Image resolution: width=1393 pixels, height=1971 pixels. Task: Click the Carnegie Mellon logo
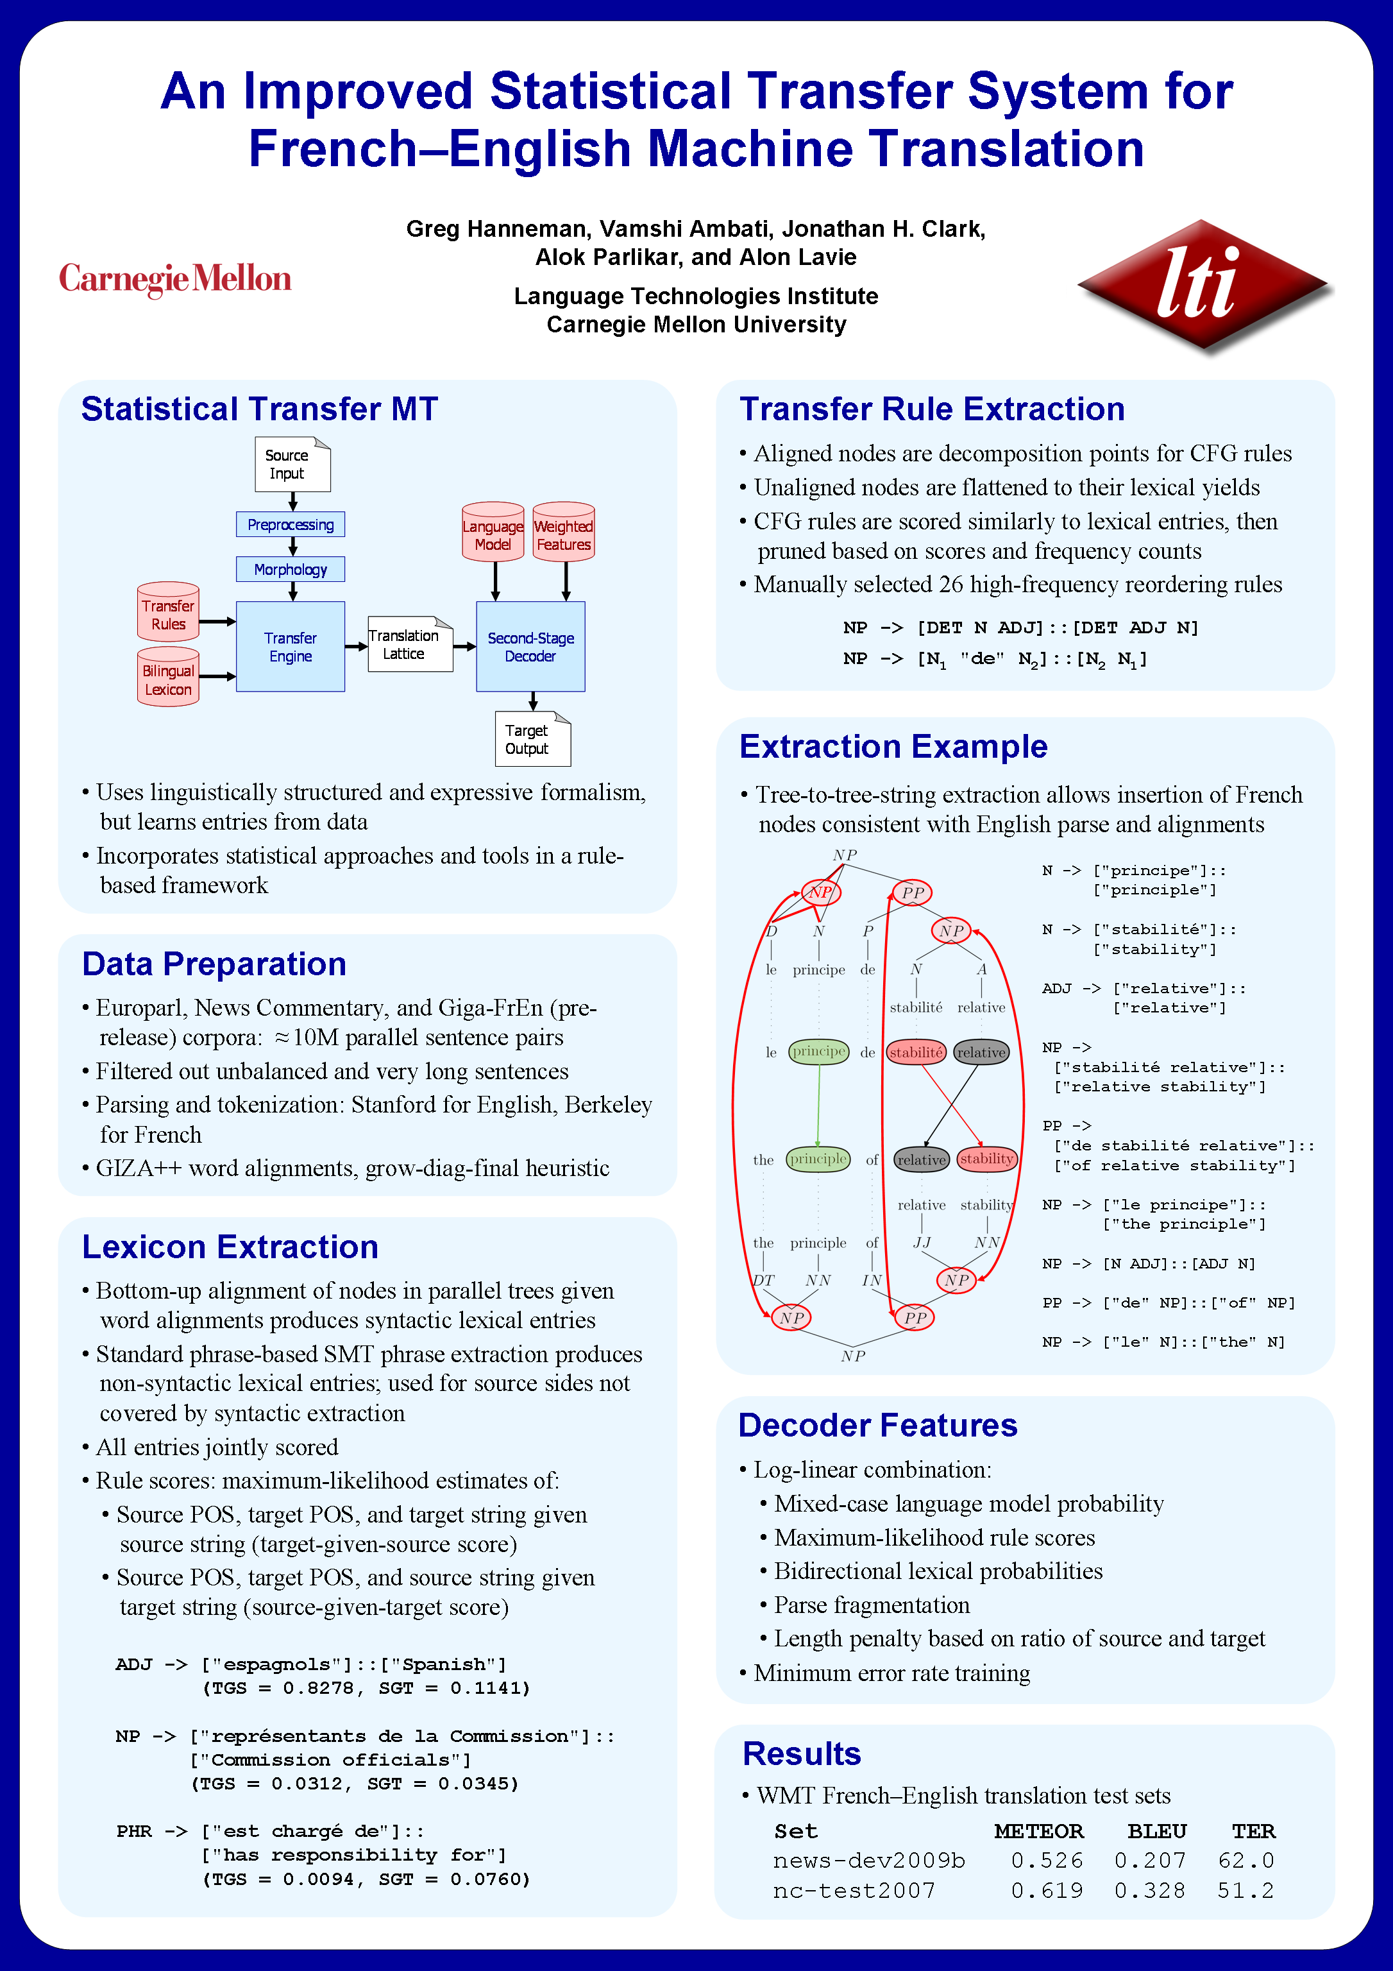point(175,279)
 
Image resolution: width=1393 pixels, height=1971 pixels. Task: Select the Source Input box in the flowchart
point(292,465)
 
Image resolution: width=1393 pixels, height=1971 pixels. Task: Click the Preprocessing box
point(290,525)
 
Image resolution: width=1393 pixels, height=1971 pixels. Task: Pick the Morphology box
point(290,569)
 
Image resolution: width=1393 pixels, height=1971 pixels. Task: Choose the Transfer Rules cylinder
point(168,613)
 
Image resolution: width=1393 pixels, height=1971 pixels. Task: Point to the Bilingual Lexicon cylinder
point(168,678)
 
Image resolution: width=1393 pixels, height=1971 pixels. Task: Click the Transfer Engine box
point(290,646)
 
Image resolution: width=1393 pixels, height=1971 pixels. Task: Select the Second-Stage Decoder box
point(530,646)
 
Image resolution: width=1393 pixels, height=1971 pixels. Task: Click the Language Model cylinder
point(493,533)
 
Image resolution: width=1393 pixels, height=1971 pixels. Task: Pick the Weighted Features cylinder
point(563,533)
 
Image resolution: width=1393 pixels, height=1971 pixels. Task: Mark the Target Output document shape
point(531,739)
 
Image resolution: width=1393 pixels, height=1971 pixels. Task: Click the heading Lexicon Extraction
point(230,1247)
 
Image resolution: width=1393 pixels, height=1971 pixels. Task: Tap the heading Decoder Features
point(877,1425)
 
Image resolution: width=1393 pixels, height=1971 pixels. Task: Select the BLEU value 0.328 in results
point(1149,1890)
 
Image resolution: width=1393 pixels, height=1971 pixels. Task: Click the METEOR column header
point(1038,1831)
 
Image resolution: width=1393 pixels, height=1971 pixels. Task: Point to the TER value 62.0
point(1245,1860)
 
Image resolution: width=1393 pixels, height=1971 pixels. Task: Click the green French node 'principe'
point(819,1052)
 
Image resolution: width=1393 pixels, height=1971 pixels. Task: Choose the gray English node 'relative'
point(921,1160)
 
